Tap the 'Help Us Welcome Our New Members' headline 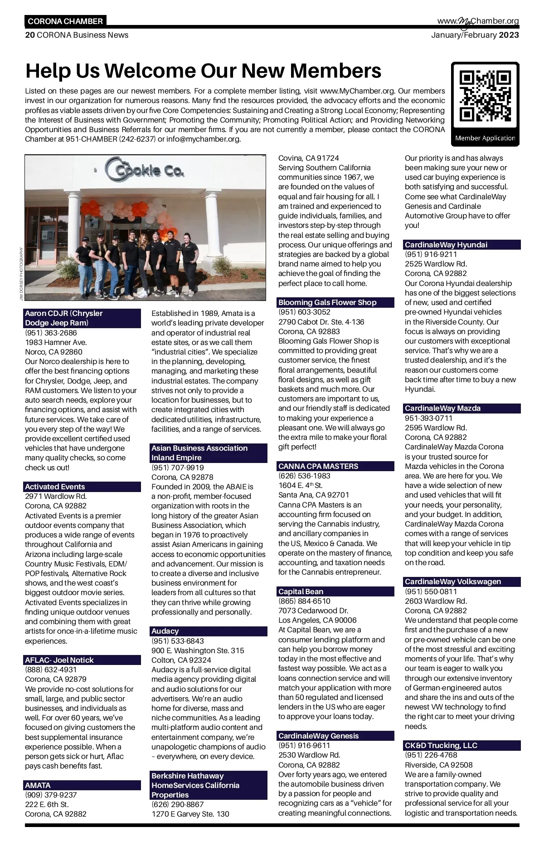pyautogui.click(x=203, y=71)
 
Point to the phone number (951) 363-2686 pyautogui.click(x=51, y=333)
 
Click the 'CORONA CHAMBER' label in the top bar pyautogui.click(x=65, y=21)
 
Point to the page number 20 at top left pyautogui.click(x=29, y=35)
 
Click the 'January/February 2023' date pyautogui.click(x=475, y=35)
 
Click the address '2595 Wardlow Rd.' pyautogui.click(x=436, y=428)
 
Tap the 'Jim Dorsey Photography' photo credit pyautogui.click(x=21, y=273)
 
